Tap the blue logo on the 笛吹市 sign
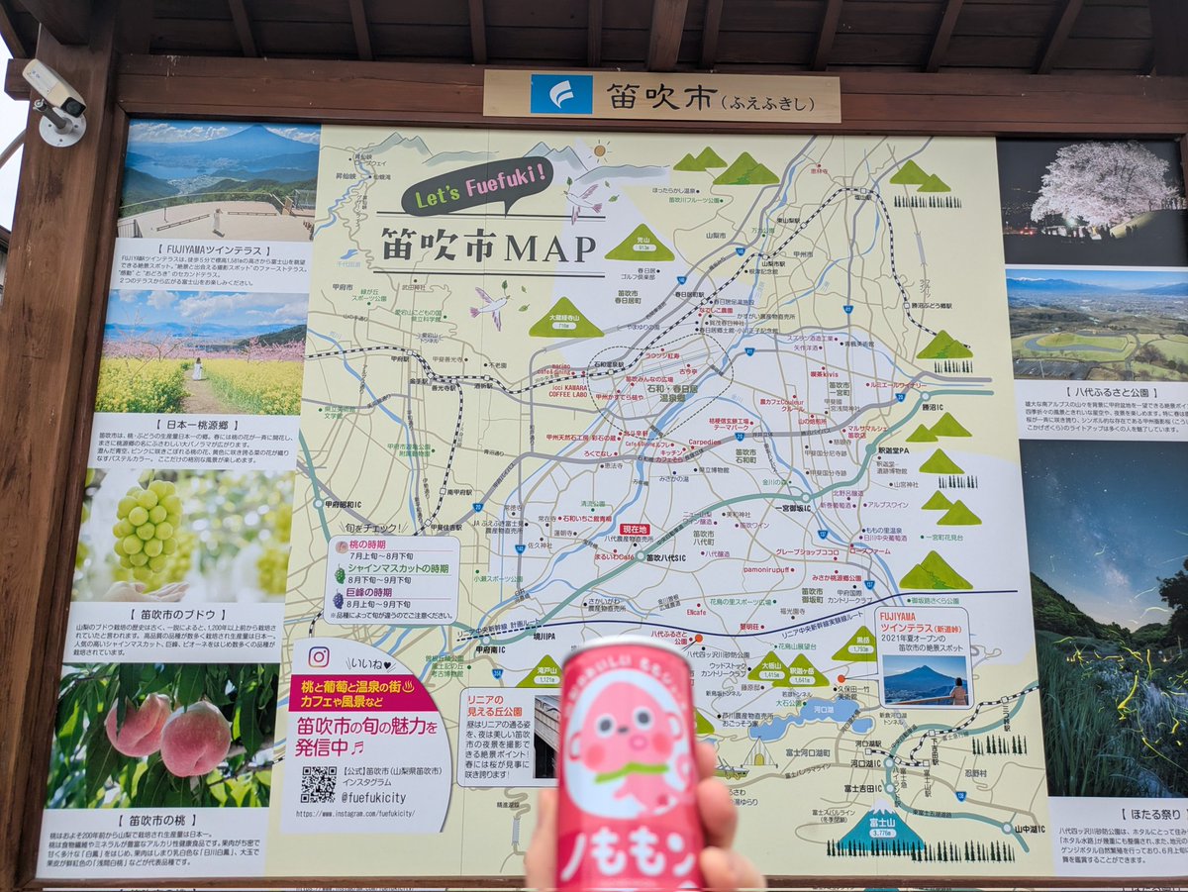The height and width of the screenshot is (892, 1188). (560, 95)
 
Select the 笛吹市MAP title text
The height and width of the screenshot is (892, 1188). (489, 247)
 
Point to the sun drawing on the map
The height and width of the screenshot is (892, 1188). (600, 150)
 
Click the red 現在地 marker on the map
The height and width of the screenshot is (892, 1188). (635, 530)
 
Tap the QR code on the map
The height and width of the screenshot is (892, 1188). (318, 783)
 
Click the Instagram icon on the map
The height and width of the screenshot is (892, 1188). (318, 656)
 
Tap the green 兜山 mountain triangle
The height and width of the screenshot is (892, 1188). (640, 244)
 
